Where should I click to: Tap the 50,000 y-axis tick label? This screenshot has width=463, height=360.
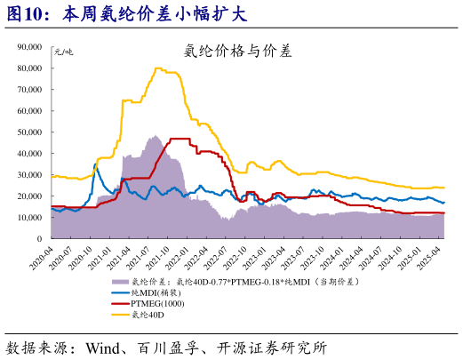[35, 132]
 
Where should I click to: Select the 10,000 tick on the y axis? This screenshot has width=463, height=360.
[35, 218]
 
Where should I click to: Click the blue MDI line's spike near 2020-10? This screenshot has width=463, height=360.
[96, 164]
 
